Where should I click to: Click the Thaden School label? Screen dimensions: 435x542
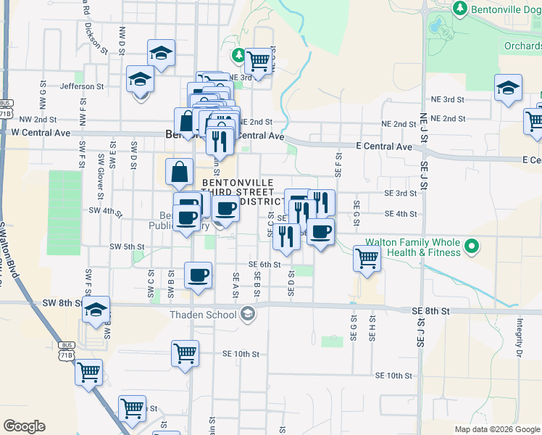click(202, 314)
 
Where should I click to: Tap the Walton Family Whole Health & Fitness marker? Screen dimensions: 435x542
click(472, 246)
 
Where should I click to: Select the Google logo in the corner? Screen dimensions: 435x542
click(24, 426)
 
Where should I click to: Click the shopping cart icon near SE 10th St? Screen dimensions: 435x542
click(185, 353)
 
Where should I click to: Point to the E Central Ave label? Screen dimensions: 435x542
click(385, 146)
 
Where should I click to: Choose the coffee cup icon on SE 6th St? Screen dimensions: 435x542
click(198, 275)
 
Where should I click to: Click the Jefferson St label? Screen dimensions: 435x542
click(82, 86)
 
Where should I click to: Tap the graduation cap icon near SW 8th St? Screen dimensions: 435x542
click(96, 310)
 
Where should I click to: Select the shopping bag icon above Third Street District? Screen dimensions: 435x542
click(179, 172)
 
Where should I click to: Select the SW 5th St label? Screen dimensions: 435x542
click(127, 246)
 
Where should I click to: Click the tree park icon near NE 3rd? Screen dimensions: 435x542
click(238, 54)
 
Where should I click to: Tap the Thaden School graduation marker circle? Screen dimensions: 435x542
click(248, 313)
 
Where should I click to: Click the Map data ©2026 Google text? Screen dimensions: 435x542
click(496, 429)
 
